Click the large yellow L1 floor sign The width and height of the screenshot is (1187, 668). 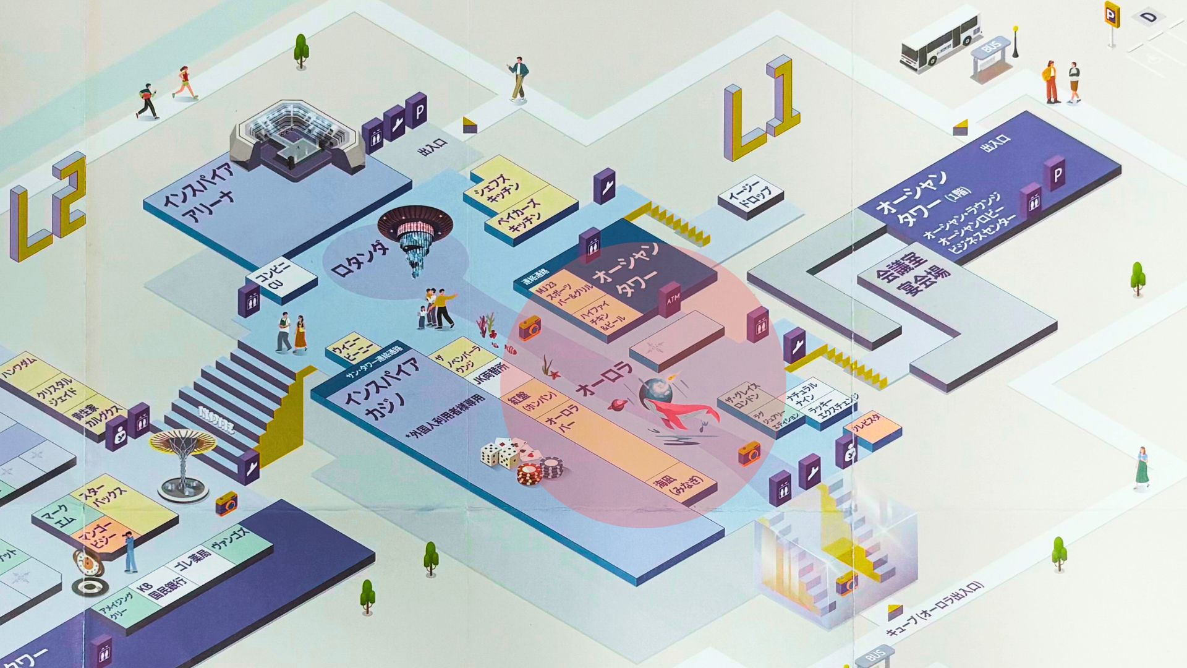[760, 108]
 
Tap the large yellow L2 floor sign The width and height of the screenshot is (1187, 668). [47, 207]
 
